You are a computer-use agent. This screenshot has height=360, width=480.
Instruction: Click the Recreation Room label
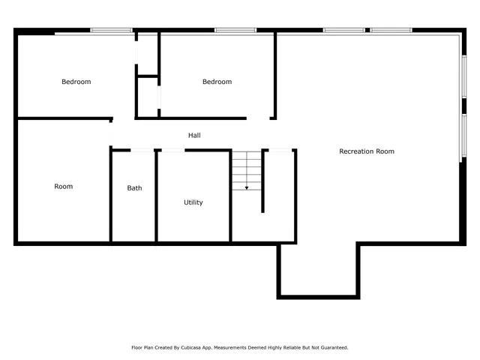[367, 151]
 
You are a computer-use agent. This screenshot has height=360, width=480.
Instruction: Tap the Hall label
[194, 136]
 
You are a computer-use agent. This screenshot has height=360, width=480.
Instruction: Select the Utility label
[193, 202]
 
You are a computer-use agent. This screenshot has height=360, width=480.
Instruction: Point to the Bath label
[134, 188]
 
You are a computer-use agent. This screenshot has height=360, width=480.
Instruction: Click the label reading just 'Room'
[64, 186]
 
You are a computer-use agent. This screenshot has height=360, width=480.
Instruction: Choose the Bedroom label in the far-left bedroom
[76, 82]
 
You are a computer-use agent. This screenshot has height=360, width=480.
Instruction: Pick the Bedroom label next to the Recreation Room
[217, 82]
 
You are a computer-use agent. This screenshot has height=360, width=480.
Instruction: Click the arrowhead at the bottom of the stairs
[247, 187]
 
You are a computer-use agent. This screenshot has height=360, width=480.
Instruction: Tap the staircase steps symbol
[246, 169]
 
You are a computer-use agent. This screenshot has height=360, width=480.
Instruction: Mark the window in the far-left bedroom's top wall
[111, 31]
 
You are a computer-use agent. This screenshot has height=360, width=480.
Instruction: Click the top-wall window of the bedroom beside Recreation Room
[235, 31]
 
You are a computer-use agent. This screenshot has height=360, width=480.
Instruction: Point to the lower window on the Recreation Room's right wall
[463, 136]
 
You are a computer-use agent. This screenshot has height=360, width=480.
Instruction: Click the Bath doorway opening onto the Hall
[142, 151]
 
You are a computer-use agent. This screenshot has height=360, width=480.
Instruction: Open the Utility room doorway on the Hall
[172, 151]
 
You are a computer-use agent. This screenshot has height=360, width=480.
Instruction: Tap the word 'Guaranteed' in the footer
[333, 348]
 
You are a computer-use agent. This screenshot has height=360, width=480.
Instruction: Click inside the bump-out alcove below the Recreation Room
[319, 270]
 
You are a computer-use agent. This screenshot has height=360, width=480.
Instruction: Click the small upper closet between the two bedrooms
[147, 53]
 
